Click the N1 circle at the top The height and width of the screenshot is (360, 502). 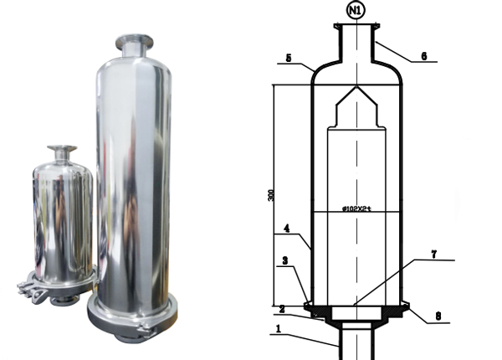coord(356,12)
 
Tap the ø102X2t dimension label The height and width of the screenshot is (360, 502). coord(356,206)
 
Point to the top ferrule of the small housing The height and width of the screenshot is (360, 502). coord(60,151)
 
